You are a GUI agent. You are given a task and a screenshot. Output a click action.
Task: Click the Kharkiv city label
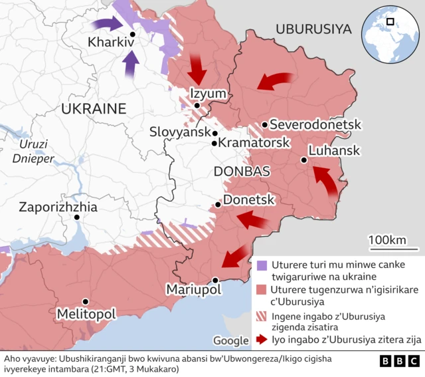(111, 44)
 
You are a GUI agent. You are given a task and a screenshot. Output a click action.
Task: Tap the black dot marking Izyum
(197, 105)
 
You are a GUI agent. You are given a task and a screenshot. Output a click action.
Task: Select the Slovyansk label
(179, 132)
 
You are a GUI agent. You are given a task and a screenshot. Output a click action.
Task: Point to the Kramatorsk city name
(254, 143)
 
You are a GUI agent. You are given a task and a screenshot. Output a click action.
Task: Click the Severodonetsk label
(315, 124)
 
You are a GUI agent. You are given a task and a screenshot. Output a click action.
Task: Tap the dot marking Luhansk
(303, 160)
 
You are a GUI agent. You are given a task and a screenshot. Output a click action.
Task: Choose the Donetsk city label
(248, 199)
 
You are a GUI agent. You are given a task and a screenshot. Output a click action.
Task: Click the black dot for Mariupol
(215, 280)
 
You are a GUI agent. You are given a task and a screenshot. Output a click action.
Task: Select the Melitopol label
(86, 313)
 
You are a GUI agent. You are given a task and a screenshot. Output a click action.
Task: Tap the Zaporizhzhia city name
(58, 207)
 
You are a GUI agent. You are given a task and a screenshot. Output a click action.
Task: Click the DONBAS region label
(242, 172)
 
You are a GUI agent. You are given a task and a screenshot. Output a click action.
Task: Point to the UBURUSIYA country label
(313, 29)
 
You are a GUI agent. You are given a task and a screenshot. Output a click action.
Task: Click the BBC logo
(400, 361)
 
